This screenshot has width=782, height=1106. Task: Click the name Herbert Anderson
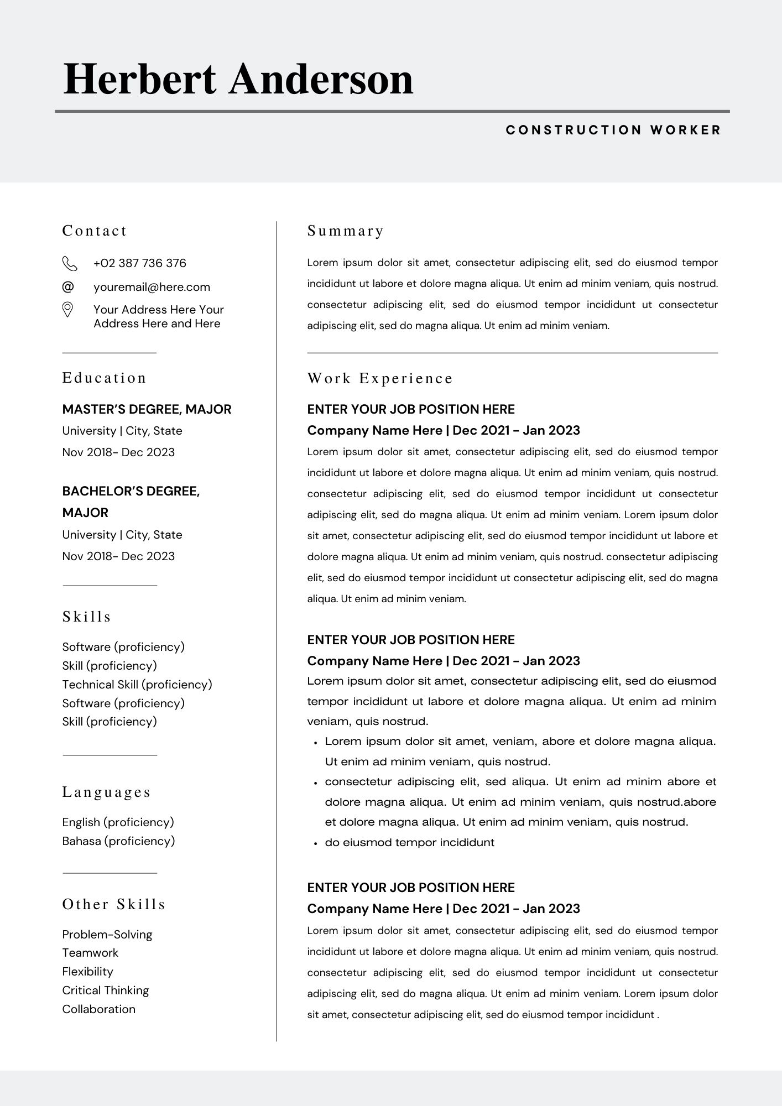click(x=238, y=79)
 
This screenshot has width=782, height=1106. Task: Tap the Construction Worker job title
click(x=613, y=130)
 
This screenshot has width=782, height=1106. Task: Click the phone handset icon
click(x=69, y=264)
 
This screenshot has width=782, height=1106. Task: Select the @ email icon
click(x=67, y=286)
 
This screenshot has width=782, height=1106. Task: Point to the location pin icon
click(x=67, y=310)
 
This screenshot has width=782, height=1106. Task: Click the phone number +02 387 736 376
click(x=139, y=263)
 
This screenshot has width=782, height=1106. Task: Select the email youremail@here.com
click(x=152, y=287)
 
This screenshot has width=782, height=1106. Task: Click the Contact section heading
click(x=95, y=231)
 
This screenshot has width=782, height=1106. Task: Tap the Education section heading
click(x=104, y=378)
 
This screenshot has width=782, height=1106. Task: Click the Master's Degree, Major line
click(x=147, y=409)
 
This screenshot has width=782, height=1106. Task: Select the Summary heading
click(x=346, y=231)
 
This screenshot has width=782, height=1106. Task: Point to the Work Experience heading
click(x=380, y=378)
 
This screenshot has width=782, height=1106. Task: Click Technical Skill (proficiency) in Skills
click(x=137, y=685)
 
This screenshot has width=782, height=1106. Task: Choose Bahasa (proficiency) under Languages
click(x=118, y=841)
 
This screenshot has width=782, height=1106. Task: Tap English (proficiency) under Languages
click(x=118, y=822)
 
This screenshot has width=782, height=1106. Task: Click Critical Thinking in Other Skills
click(x=106, y=990)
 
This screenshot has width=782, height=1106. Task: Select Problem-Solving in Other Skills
click(x=107, y=935)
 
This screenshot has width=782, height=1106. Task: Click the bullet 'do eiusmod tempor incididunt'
click(x=409, y=842)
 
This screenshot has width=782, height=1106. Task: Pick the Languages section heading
click(x=106, y=792)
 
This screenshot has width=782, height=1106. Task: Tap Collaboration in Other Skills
click(x=99, y=1009)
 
